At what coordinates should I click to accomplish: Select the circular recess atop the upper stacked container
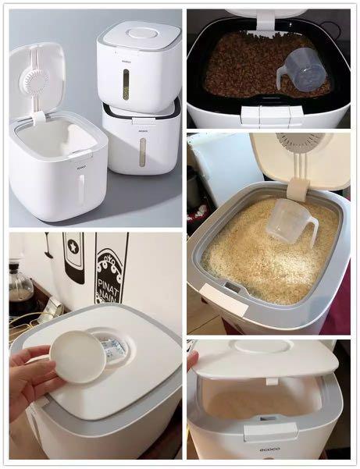(x=141, y=34)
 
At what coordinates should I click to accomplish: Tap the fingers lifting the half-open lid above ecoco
(x=192, y=360)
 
